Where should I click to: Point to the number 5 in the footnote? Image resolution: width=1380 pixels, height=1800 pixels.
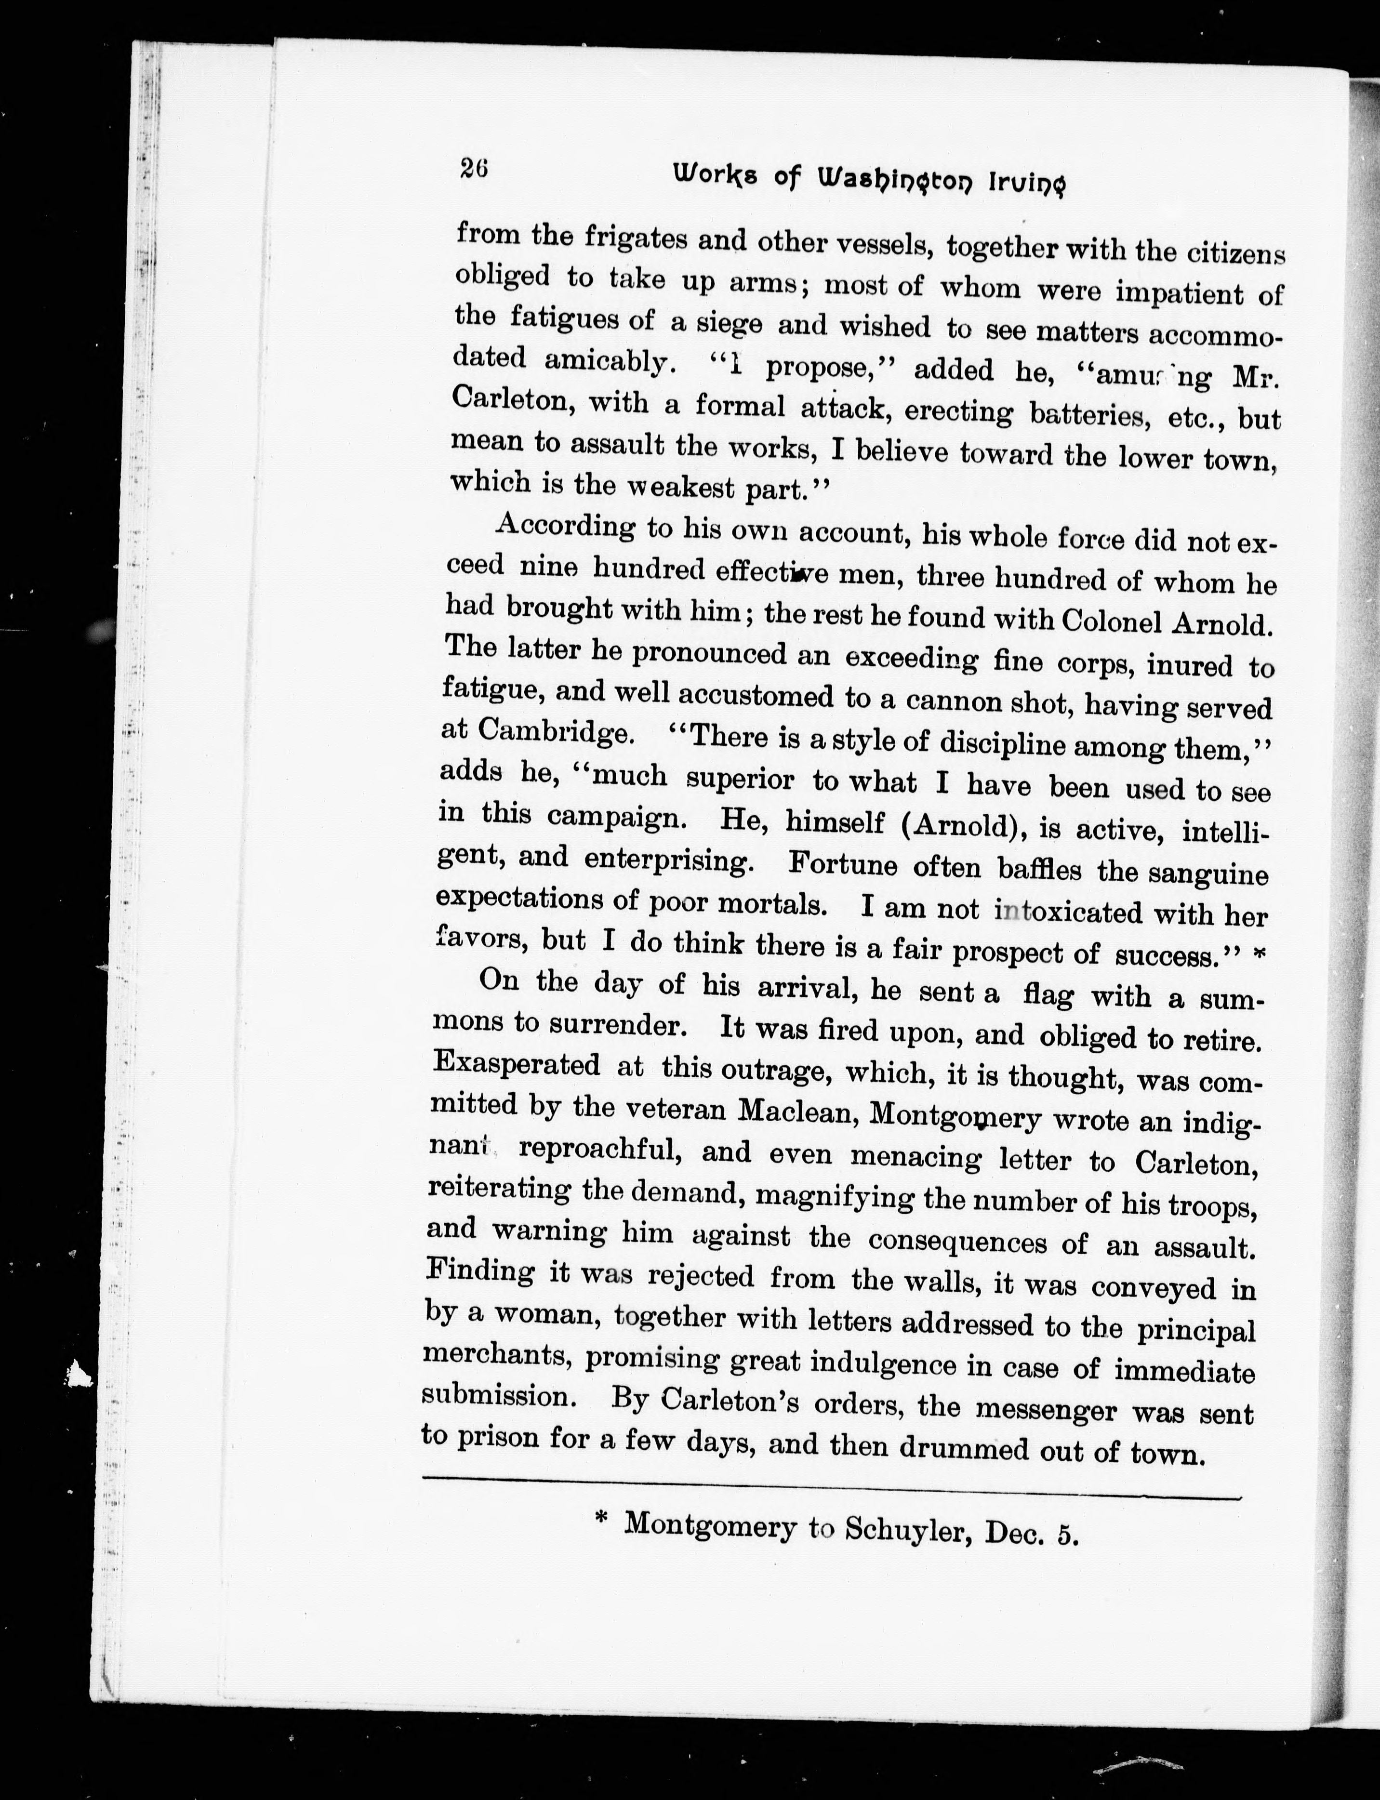pos(1067,1532)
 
